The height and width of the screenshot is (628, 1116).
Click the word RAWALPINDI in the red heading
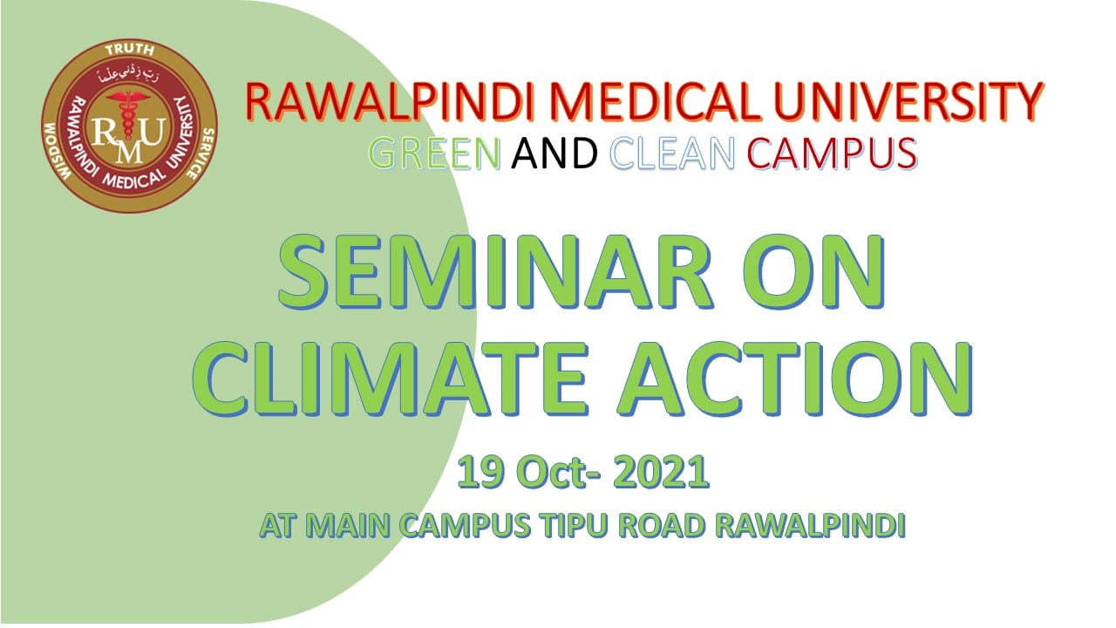(x=390, y=102)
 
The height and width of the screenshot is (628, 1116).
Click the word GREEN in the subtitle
(x=434, y=154)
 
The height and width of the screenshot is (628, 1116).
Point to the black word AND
(x=555, y=154)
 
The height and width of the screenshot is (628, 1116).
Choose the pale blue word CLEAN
(x=672, y=154)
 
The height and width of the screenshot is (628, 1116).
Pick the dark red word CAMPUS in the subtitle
(x=833, y=154)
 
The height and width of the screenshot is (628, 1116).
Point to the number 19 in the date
(x=480, y=472)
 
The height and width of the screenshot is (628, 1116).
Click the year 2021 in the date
(x=661, y=472)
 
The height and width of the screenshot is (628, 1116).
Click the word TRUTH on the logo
(x=130, y=50)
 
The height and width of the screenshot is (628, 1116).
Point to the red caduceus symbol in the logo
(x=129, y=114)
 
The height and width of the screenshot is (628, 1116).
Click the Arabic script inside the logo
(x=128, y=75)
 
